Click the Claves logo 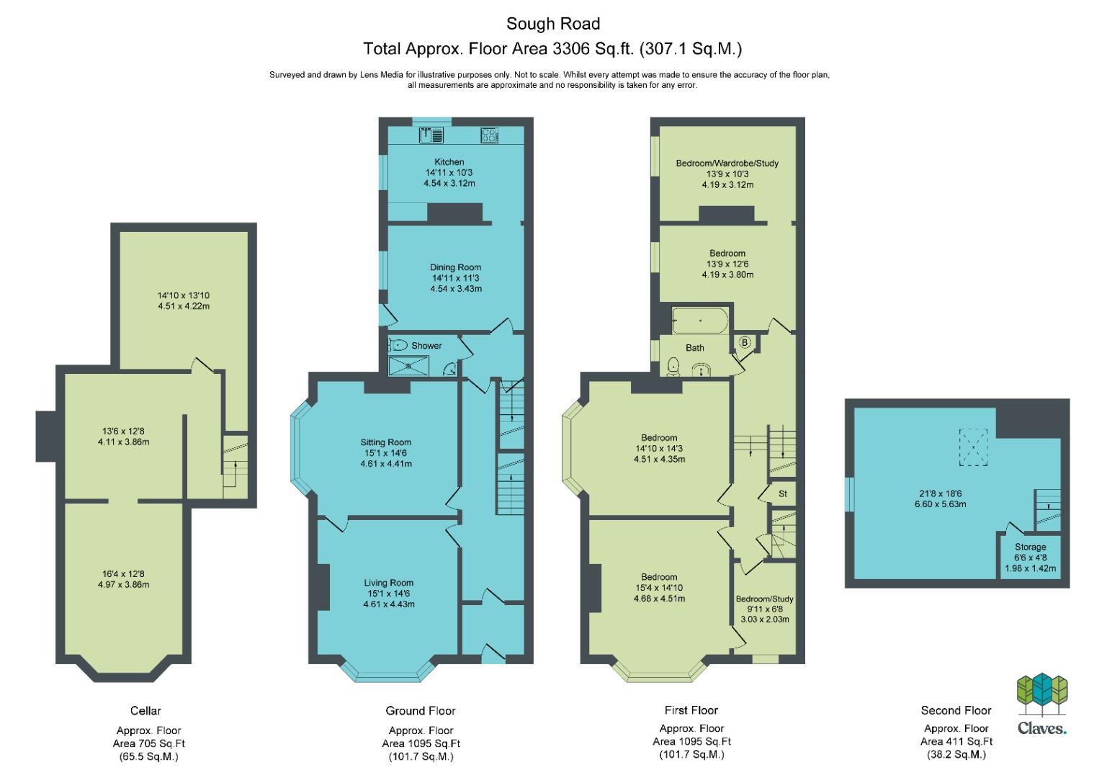tap(1041, 704)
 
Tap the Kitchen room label tap(449, 161)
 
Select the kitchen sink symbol tap(431, 135)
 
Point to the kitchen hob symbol tap(489, 135)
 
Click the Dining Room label tap(455, 267)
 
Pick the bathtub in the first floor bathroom tap(700, 321)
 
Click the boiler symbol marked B tap(745, 341)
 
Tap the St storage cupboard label tap(783, 493)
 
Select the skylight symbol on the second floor tap(973, 447)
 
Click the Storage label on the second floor tap(1031, 547)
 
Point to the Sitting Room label tap(385, 442)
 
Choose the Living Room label tap(388, 583)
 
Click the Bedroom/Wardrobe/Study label tap(727, 163)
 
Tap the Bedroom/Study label tap(764, 599)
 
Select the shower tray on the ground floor tap(408, 366)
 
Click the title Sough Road tap(553, 23)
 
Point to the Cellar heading tap(145, 710)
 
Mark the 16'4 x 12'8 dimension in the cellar tap(124, 574)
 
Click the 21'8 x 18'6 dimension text tap(941, 493)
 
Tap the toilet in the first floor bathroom tap(673, 367)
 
